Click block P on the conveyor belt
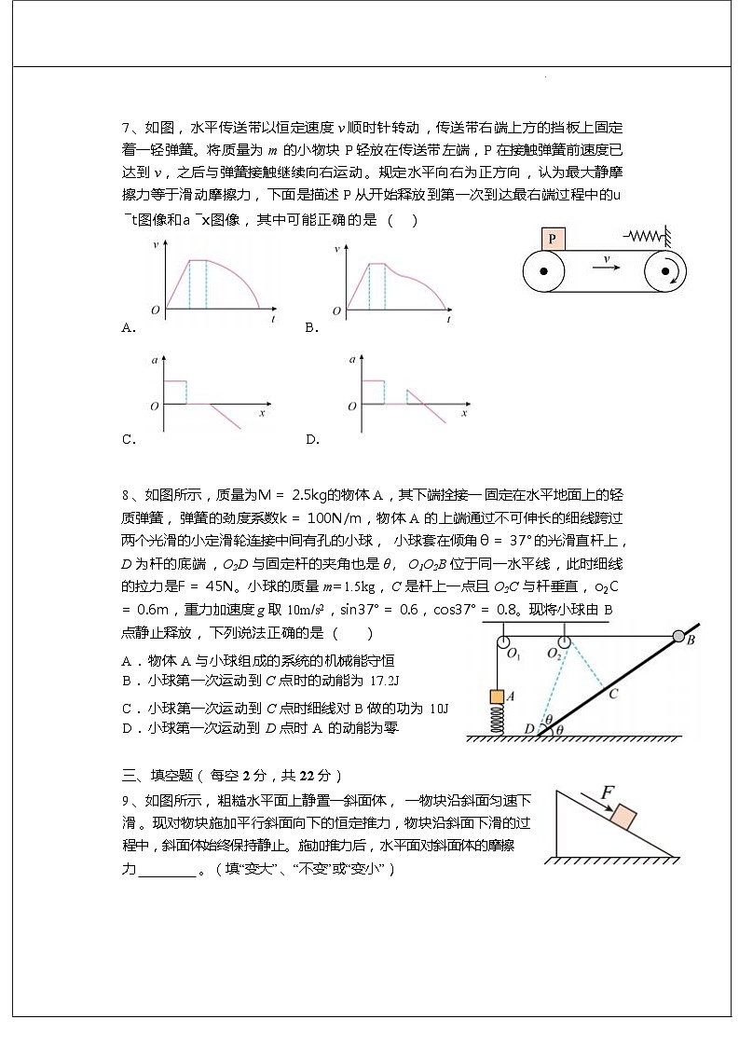click(x=553, y=239)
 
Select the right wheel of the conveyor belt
click(x=665, y=272)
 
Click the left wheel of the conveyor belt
click(x=543, y=272)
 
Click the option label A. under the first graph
click(x=129, y=327)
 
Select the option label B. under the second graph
click(x=312, y=327)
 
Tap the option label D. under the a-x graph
click(x=312, y=439)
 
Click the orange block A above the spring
click(x=498, y=696)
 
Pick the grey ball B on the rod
click(x=678, y=637)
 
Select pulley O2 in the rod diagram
click(x=563, y=641)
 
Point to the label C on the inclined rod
click(x=612, y=693)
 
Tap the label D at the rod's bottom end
click(x=528, y=728)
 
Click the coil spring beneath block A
click(x=498, y=719)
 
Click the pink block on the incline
click(x=623, y=819)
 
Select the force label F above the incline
click(x=607, y=792)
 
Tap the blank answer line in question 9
click(x=168, y=869)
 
